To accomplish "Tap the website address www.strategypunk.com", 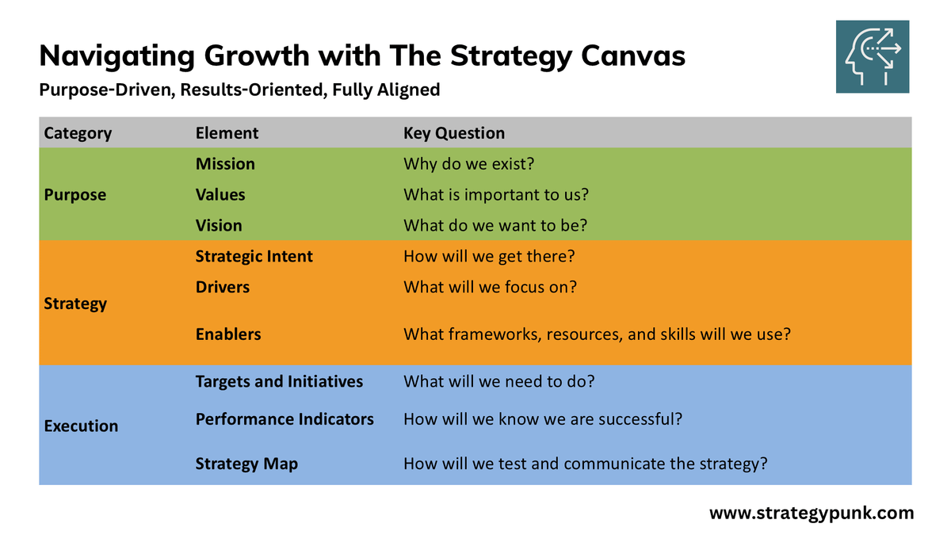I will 812,513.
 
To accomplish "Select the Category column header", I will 78,133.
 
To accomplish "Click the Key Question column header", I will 454,133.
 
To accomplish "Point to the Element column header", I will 227,133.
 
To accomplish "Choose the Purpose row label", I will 75,195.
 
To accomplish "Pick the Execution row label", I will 81,426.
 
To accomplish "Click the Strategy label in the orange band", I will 75,304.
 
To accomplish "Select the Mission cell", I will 225,164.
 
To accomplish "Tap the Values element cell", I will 220,195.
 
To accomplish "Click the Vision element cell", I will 219,226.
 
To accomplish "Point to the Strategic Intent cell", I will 254,257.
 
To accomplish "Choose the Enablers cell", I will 228,334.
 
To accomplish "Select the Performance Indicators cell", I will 285,419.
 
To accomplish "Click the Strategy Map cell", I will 246,464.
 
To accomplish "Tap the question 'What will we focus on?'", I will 490,288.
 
